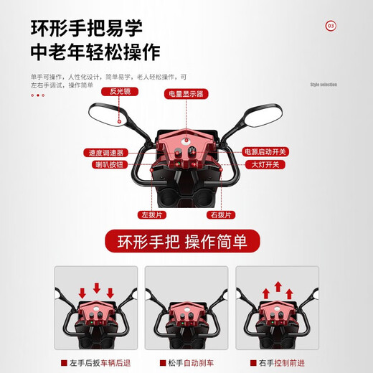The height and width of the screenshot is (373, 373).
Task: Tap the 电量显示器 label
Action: tap(186, 94)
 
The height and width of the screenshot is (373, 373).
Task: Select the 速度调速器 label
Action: tap(105, 153)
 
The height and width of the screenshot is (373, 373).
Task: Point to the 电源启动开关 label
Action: tap(265, 152)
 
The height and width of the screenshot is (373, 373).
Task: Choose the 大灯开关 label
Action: tap(265, 165)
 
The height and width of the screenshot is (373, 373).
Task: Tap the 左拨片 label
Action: tap(154, 214)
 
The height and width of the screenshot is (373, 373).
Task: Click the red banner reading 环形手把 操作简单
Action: tap(186, 240)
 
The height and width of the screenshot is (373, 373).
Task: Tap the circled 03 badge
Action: tap(331, 27)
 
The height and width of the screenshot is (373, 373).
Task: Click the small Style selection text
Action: tap(323, 85)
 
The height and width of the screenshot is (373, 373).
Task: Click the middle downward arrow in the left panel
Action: tap(96, 289)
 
